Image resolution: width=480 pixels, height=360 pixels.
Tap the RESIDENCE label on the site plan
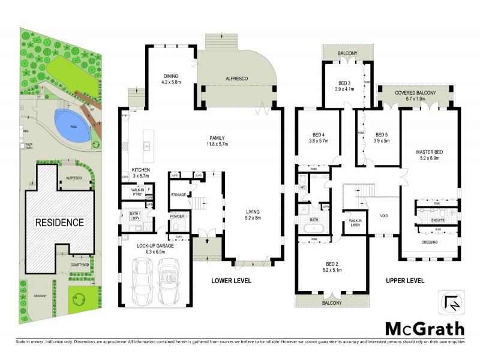[x=59, y=222]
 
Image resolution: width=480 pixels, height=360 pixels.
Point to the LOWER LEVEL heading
[x=231, y=281]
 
